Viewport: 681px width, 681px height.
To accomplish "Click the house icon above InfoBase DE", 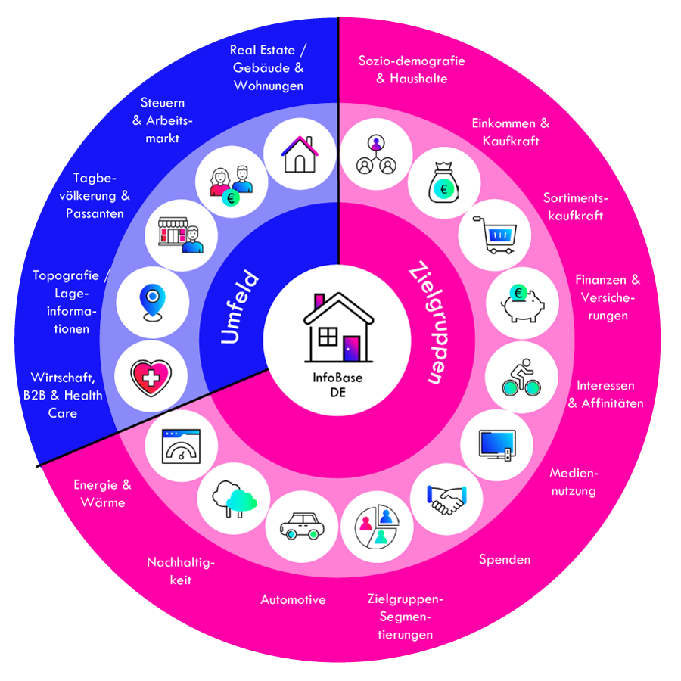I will (x=338, y=327).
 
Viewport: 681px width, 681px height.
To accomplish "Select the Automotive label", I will (x=293, y=600).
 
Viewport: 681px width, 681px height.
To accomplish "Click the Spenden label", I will (x=505, y=560).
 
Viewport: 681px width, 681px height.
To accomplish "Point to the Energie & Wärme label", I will (x=102, y=493).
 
